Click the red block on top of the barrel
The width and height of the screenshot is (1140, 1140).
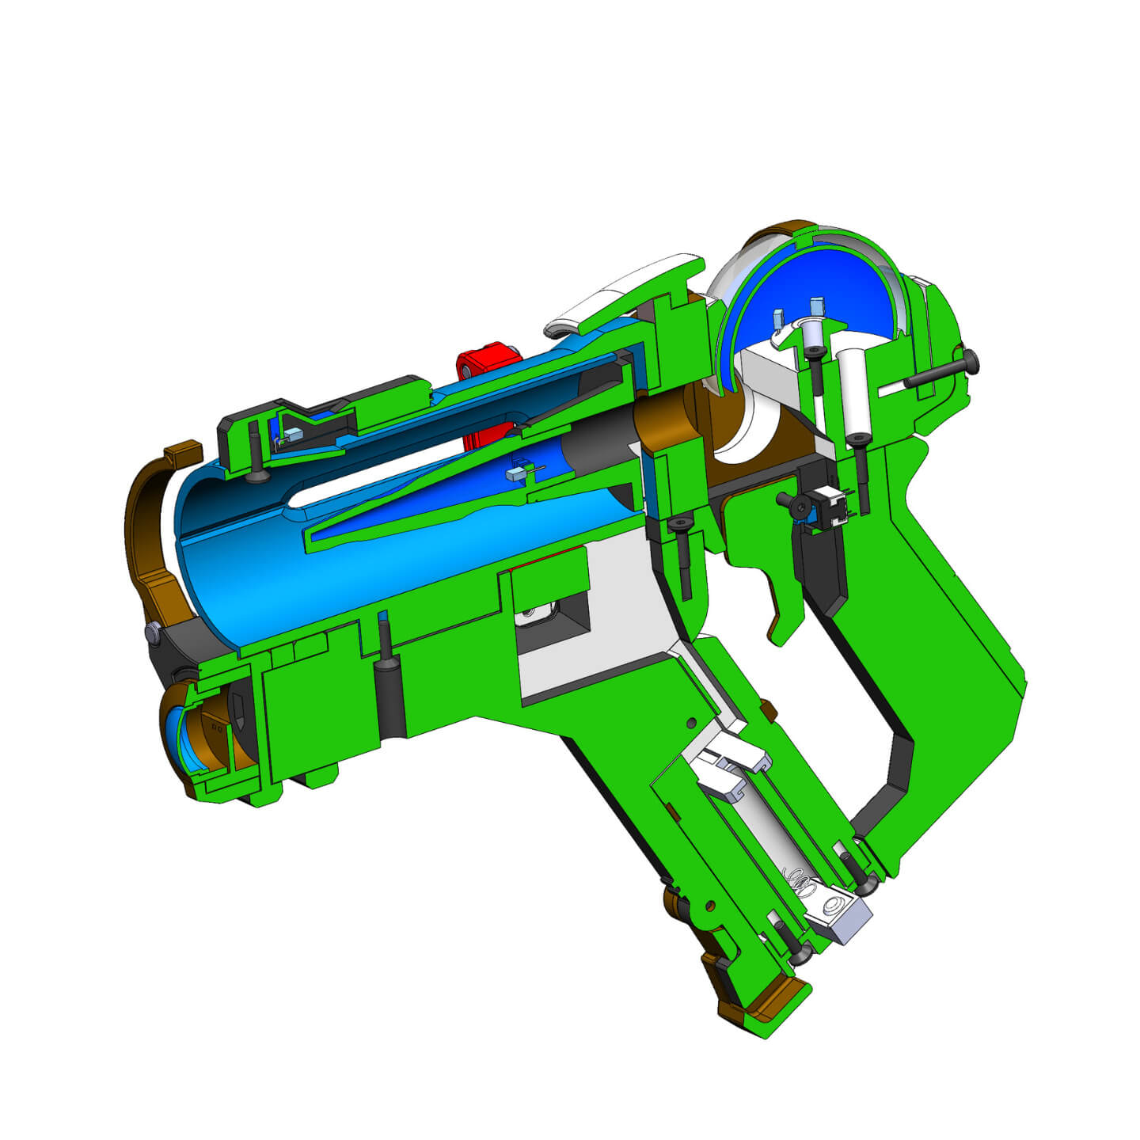pos(484,364)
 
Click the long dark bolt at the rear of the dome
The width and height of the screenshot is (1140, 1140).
pos(942,371)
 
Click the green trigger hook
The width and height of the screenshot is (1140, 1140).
pos(781,610)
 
